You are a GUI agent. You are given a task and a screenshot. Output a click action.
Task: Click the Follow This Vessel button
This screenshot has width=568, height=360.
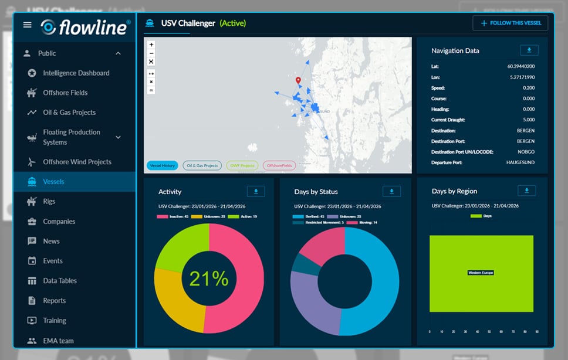tap(510, 23)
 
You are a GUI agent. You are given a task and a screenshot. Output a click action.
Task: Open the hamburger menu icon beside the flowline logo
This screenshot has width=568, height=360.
tap(27, 25)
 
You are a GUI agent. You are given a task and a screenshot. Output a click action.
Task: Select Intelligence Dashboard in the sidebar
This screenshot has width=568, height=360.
tap(76, 73)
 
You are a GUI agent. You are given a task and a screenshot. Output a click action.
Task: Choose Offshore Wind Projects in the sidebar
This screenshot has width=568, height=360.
tap(77, 162)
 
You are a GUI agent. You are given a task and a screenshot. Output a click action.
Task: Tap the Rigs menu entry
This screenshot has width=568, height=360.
tap(49, 201)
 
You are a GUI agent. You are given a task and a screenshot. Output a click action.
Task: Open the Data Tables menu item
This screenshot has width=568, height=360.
tap(60, 281)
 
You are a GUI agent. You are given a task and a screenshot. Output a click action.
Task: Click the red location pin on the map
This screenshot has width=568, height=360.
tap(298, 81)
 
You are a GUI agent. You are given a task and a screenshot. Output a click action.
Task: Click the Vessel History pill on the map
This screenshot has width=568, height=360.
tap(162, 166)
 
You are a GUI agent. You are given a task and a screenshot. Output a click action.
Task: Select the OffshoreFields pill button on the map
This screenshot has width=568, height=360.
tap(279, 166)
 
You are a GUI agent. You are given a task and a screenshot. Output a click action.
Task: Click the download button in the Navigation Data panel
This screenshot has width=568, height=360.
tap(529, 50)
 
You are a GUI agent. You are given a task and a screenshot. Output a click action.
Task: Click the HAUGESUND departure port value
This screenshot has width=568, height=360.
tap(520, 162)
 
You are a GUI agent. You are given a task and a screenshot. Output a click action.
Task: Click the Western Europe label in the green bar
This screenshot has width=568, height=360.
tap(481, 273)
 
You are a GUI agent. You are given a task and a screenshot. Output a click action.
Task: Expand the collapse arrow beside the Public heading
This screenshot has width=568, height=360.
tap(118, 53)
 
